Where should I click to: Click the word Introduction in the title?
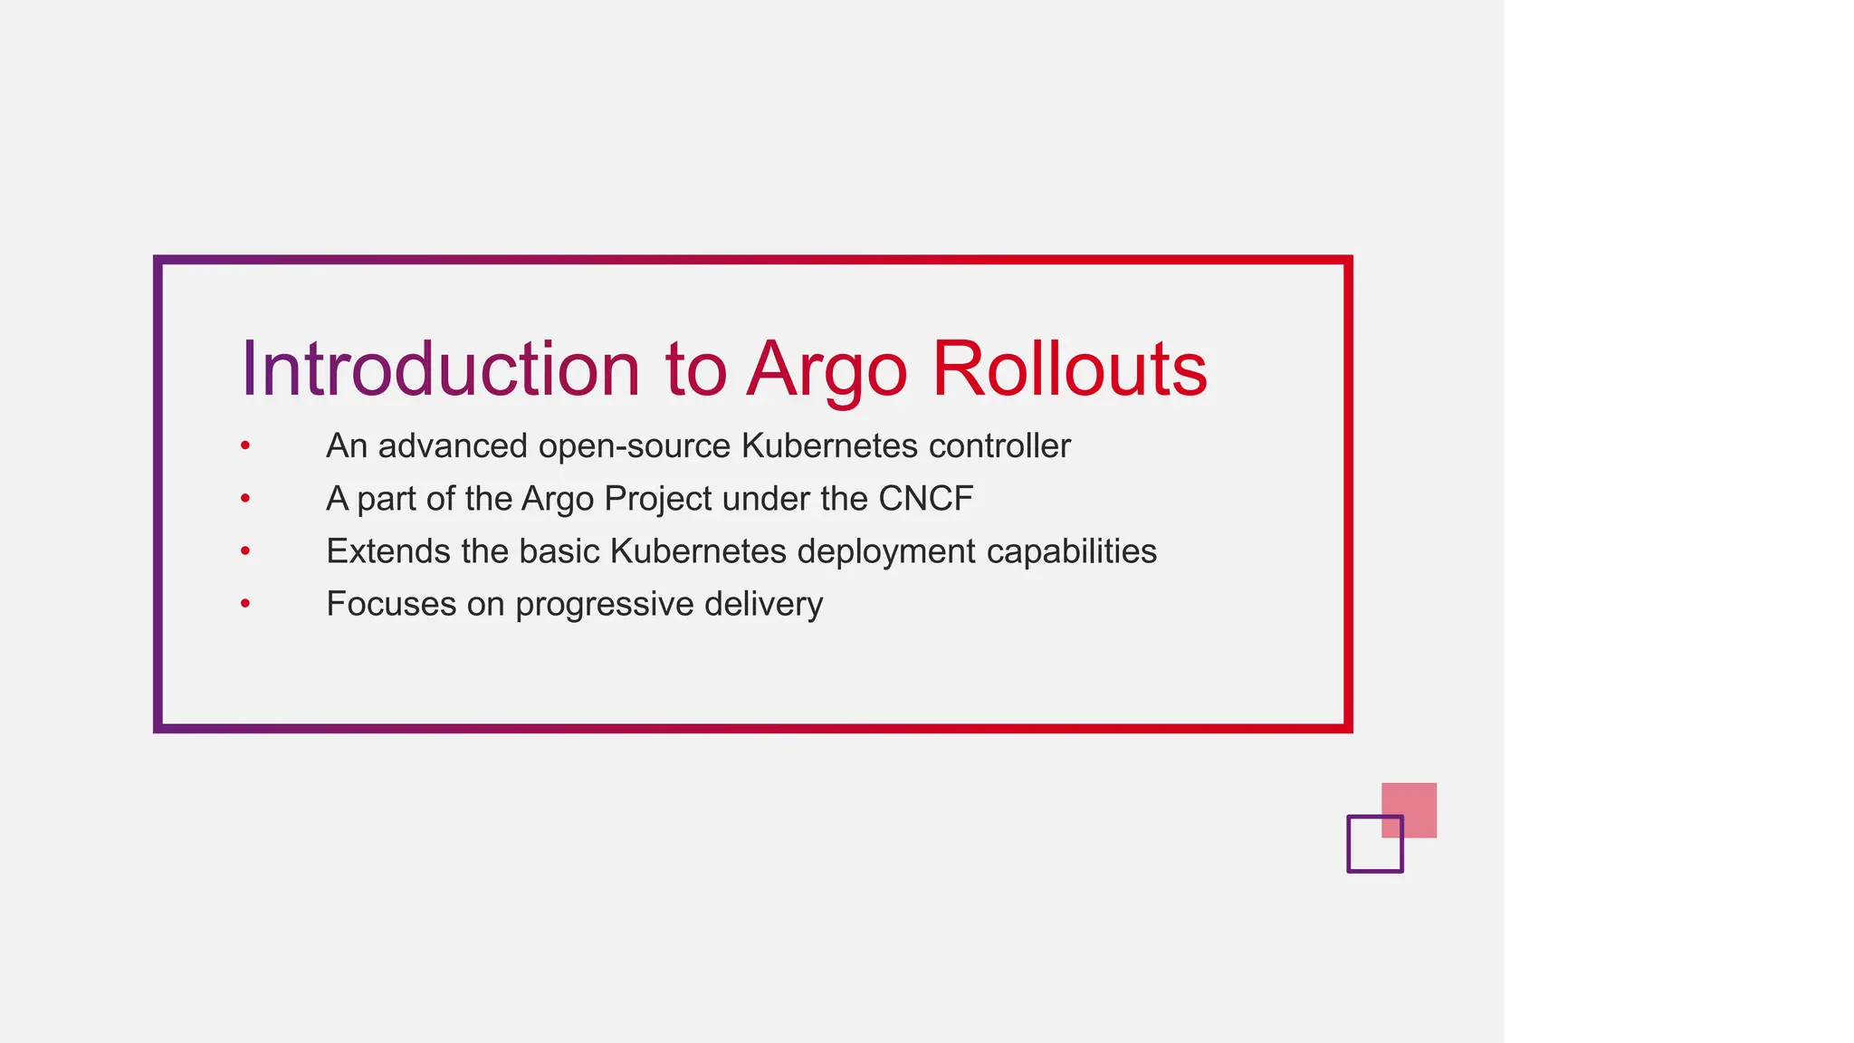pyautogui.click(x=440, y=369)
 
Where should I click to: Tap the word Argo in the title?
pyautogui.click(x=827, y=369)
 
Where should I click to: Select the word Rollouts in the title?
pyautogui.click(x=1069, y=369)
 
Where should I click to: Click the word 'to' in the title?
pyautogui.click(x=695, y=369)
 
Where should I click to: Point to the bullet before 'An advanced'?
pyautogui.click(x=245, y=445)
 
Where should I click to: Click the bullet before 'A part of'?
pyautogui.click(x=245, y=498)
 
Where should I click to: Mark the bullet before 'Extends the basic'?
pyautogui.click(x=245, y=550)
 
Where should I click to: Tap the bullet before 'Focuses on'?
pyautogui.click(x=245, y=603)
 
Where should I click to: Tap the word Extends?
pyautogui.click(x=387, y=551)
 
